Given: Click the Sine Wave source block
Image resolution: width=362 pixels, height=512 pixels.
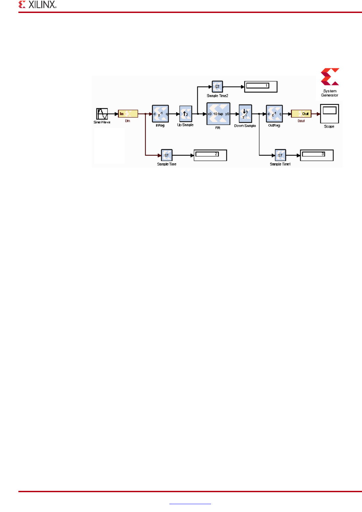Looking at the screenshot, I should (102, 114).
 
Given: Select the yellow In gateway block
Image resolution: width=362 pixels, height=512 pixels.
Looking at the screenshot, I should (128, 114).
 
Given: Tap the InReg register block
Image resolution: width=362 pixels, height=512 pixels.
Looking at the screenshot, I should (160, 114).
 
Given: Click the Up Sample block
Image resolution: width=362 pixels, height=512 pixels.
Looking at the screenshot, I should (186, 114).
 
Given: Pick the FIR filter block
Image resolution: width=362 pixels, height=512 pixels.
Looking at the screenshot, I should (218, 114).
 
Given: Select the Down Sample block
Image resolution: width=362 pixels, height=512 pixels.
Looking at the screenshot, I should (245, 114).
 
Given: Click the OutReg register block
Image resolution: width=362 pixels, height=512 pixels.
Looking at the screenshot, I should (274, 114).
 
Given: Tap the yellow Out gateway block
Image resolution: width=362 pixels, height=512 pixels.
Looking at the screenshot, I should (301, 114).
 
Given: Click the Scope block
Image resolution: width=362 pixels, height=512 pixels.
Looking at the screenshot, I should (329, 114).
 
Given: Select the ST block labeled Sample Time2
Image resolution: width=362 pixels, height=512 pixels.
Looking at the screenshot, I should (217, 87).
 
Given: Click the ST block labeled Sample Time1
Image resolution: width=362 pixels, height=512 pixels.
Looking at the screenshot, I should (280, 155).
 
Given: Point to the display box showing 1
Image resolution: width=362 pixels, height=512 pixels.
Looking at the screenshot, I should (261, 87).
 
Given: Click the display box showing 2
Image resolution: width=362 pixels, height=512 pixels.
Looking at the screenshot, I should (210, 155).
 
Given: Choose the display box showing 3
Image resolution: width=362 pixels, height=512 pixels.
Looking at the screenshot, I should (316, 155).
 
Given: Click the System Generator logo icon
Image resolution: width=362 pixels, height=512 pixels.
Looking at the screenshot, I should (330, 77).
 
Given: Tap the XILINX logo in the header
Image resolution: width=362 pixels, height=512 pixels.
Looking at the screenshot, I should (37, 5).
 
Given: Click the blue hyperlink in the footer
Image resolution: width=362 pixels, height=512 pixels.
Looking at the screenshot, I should (190, 503).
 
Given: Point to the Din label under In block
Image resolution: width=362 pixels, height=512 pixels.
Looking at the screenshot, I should (127, 121).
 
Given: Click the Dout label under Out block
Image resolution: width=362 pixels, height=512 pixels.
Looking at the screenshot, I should (301, 121).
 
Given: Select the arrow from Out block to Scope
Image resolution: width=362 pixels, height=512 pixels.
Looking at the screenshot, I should (316, 114).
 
